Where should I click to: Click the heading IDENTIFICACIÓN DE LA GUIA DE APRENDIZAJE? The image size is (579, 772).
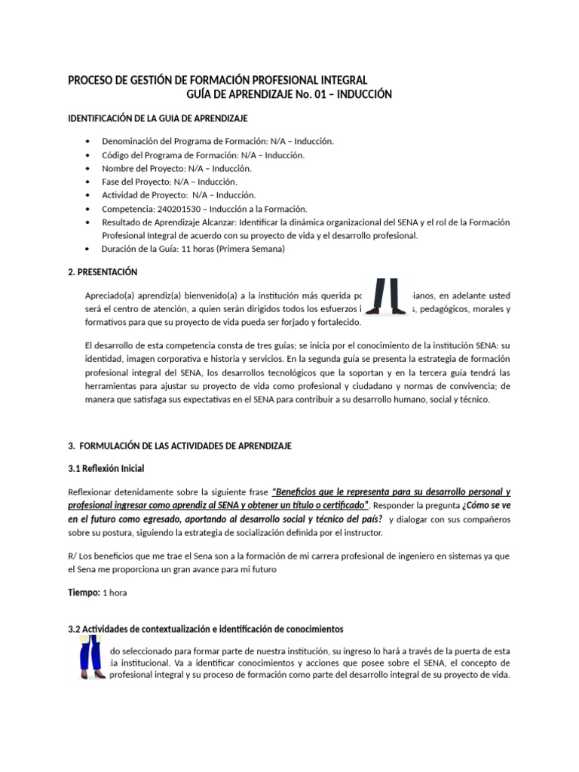(158, 119)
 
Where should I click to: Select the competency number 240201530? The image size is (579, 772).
(182, 209)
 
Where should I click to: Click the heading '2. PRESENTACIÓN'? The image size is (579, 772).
(103, 272)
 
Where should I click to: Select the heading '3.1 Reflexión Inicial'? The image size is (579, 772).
(106, 469)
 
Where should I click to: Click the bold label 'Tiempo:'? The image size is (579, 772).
(84, 593)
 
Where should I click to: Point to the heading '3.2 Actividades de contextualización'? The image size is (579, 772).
(205, 629)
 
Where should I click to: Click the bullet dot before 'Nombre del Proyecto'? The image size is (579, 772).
(89, 168)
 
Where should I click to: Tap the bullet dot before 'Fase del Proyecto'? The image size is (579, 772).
(89, 182)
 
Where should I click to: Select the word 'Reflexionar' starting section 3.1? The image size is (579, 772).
(92, 492)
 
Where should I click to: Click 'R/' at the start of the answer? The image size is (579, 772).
(72, 556)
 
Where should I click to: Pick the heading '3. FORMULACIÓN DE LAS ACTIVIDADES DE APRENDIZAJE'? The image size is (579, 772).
(179, 446)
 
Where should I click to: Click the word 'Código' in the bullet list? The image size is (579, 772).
(116, 155)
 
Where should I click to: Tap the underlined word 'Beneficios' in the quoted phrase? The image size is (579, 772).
(299, 492)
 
